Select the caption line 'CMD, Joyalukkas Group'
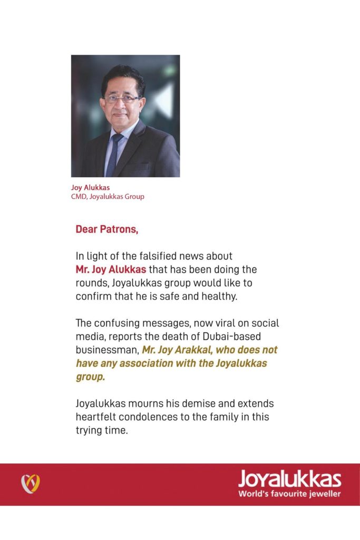(x=108, y=197)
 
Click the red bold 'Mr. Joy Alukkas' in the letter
(x=111, y=269)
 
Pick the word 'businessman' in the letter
(x=107, y=350)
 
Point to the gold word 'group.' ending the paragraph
(x=90, y=378)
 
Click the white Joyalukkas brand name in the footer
(x=289, y=479)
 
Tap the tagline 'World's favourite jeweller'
(x=289, y=494)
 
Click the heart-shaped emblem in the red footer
(x=31, y=484)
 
